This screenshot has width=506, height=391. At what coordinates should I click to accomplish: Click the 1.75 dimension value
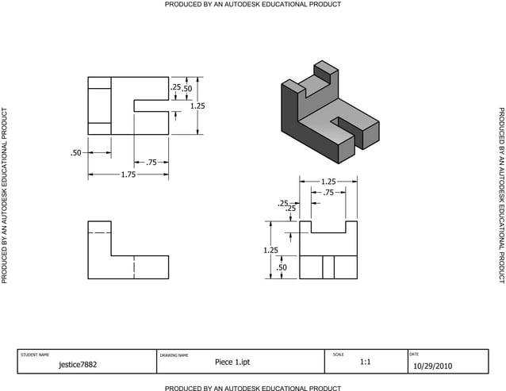point(128,174)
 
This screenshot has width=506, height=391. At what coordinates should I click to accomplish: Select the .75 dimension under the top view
point(152,162)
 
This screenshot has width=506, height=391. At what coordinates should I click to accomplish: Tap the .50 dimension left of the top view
point(76,152)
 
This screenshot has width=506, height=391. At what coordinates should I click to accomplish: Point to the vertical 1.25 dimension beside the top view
point(197,105)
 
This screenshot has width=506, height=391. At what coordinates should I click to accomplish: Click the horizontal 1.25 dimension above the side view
point(328,181)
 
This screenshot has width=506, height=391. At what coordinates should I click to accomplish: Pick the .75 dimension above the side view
point(328,193)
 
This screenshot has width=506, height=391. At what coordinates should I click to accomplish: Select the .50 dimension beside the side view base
point(281,268)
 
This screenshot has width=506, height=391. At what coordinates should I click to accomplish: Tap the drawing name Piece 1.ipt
point(232,362)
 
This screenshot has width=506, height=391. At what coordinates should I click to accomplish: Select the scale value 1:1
point(365,362)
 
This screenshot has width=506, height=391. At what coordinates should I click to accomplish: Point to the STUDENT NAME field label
point(34,355)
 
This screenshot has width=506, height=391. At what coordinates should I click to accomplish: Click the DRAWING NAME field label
point(174,355)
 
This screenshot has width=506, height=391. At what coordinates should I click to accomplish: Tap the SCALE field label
point(339,354)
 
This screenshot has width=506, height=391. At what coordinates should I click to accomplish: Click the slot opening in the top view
point(151,105)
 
